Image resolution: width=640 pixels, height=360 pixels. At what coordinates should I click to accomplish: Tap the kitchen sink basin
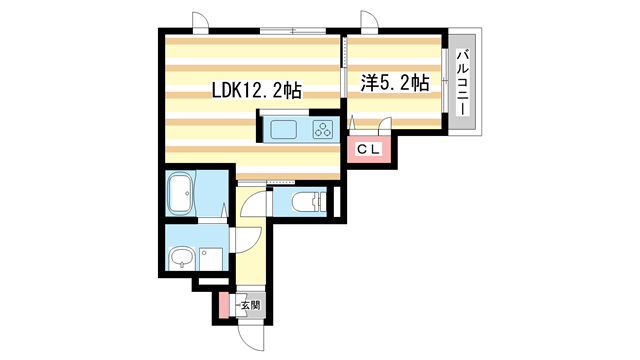coord(281,129)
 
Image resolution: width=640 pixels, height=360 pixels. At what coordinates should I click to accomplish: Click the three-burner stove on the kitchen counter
coord(323,129)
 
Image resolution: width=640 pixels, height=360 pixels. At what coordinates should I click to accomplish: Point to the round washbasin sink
coord(180,259)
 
